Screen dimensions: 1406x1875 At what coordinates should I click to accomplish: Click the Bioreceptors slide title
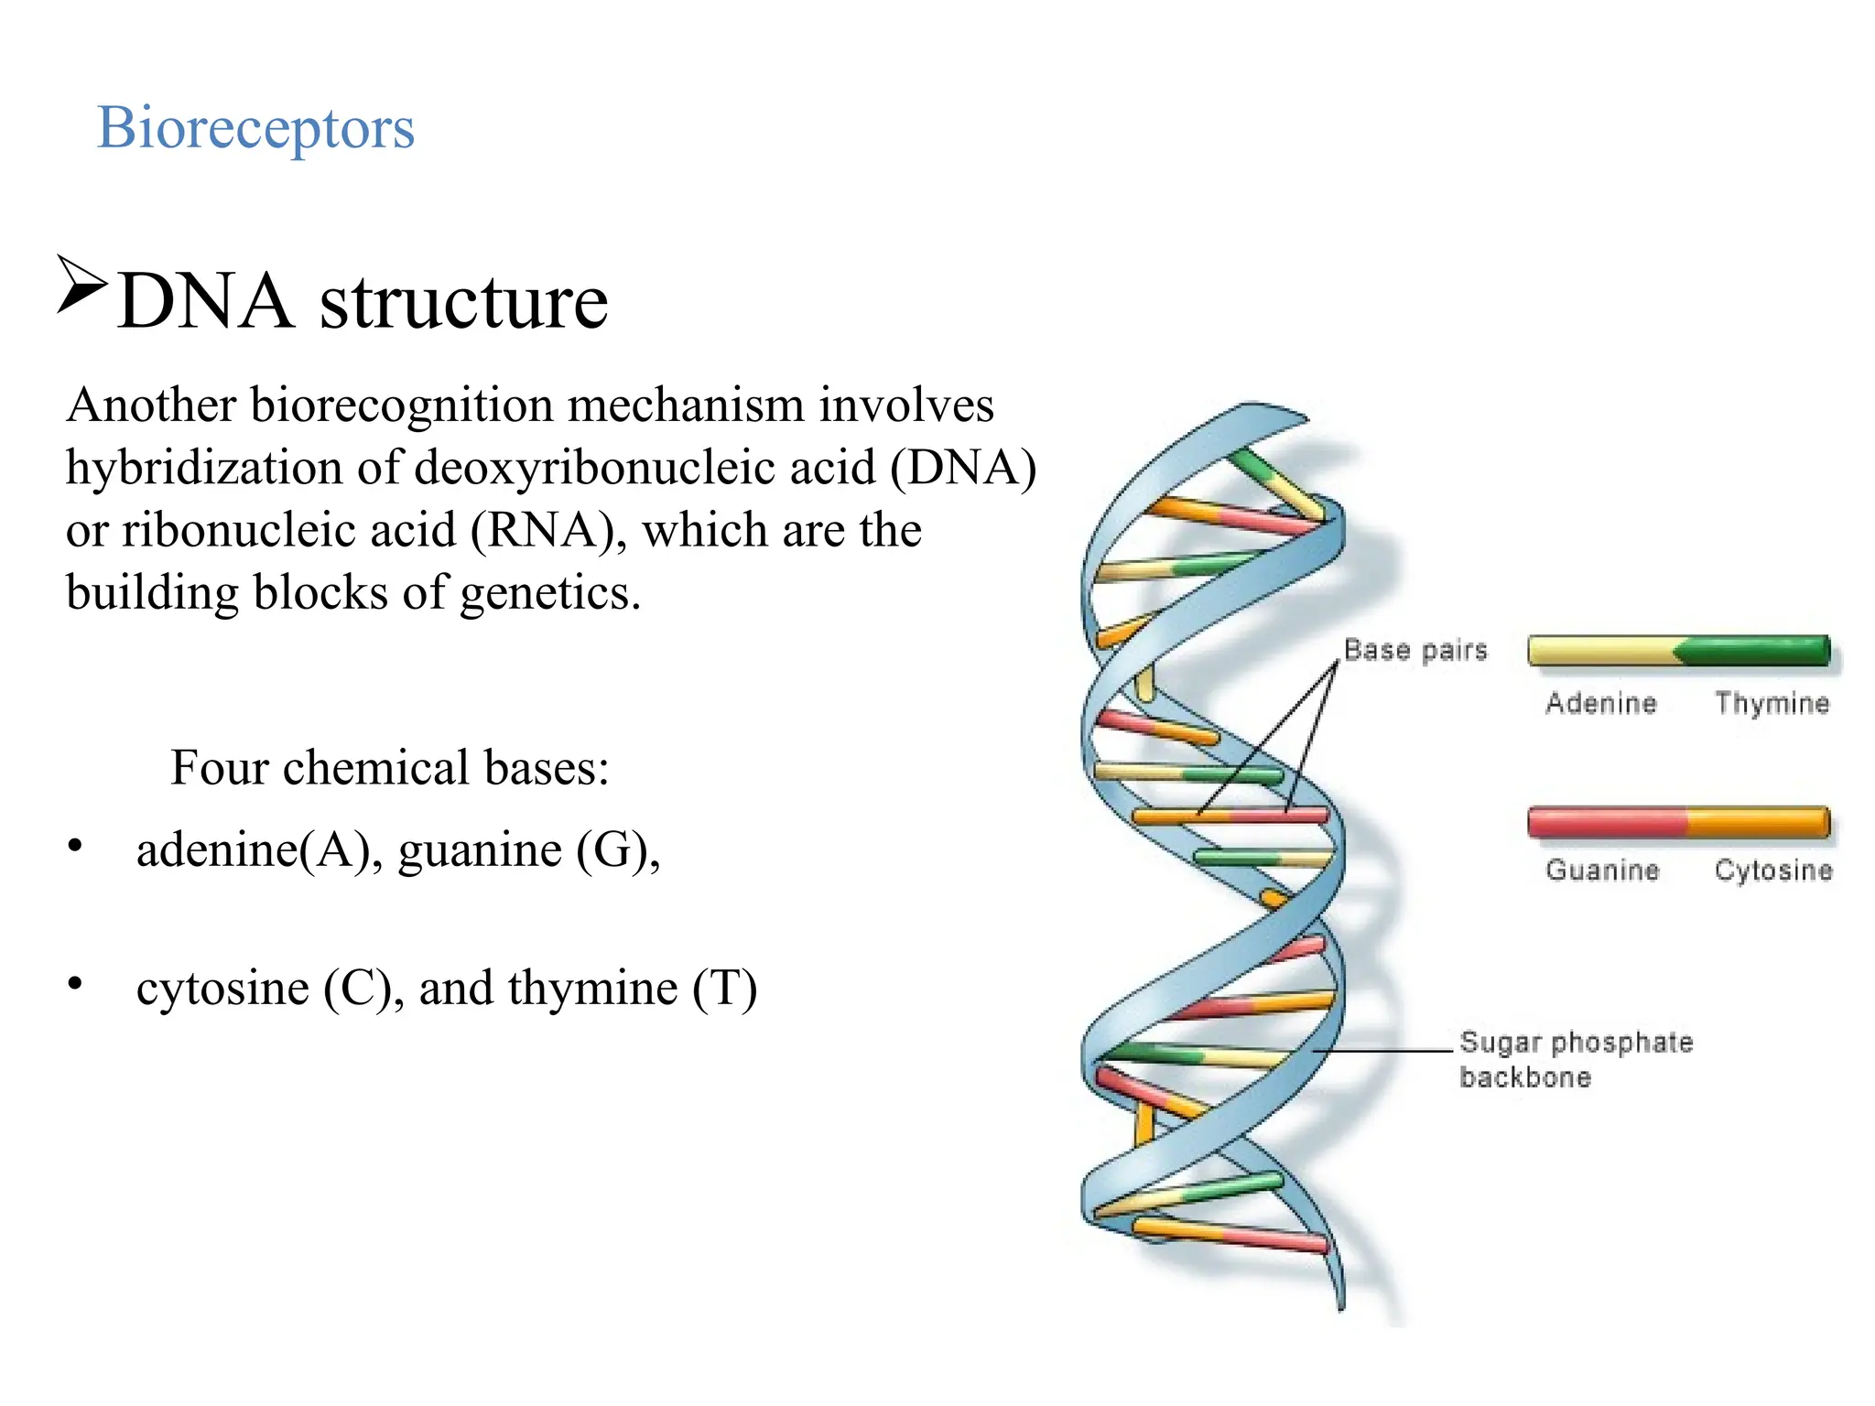pos(255,127)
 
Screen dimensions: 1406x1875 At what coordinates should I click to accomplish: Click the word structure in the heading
pos(463,301)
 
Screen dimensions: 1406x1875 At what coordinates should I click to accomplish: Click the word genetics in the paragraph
pos(549,592)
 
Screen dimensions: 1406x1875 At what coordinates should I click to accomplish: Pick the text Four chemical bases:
pos(389,767)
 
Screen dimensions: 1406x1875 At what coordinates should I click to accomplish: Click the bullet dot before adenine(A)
pos(75,846)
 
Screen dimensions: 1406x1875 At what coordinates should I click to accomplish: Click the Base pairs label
pos(1414,650)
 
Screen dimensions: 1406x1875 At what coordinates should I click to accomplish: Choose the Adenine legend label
pos(1601,703)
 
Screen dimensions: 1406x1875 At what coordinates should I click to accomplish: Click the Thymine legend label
pos(1772,703)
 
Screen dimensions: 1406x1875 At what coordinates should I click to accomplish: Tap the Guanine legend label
pos(1602,870)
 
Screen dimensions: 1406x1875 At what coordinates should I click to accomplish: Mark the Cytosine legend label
pos(1773,870)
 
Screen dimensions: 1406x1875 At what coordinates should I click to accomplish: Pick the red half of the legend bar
pos(1607,822)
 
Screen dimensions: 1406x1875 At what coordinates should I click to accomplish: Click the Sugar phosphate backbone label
pos(1576,1059)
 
